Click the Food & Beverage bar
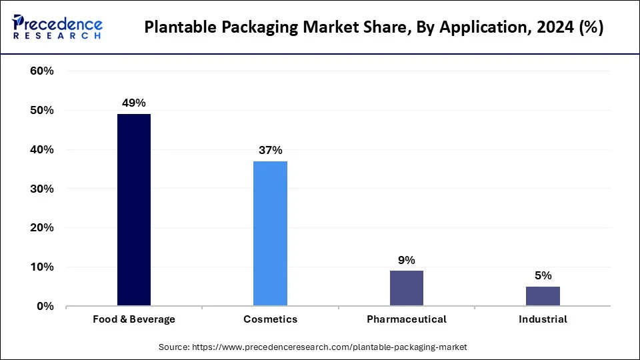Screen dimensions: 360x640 tap(134, 210)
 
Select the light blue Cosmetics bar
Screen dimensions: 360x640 tap(270, 233)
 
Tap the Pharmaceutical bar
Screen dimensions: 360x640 tap(407, 288)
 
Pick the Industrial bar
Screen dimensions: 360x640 tap(543, 296)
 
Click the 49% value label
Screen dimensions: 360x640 tap(134, 103)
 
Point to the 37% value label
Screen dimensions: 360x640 tap(270, 150)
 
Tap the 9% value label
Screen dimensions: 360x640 tap(407, 260)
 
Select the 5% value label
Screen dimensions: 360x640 tap(543, 276)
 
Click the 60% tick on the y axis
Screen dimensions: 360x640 tap(42, 71)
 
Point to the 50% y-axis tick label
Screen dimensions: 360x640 tap(42, 111)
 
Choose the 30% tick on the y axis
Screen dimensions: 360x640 tap(42, 189)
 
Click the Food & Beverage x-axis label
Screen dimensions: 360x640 tap(134, 319)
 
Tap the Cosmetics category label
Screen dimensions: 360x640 tap(270, 319)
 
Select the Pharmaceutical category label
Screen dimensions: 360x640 tap(407, 319)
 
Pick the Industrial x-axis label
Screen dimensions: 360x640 tap(543, 319)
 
